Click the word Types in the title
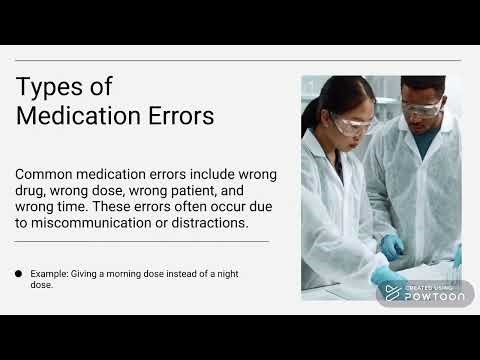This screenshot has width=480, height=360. [48, 86]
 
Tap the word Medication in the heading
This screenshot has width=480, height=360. [75, 116]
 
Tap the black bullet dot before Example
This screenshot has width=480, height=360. [19, 273]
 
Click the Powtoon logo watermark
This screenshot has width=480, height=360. [420, 293]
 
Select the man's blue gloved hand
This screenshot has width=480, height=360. [392, 246]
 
